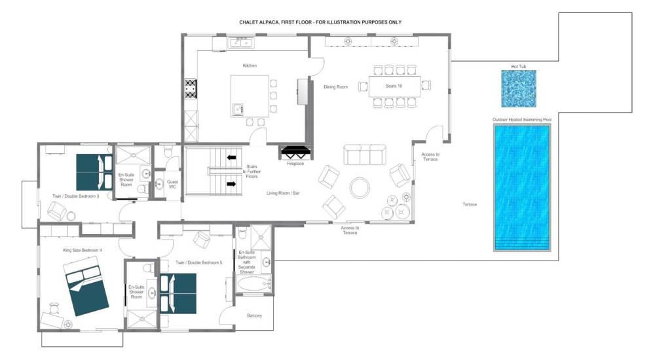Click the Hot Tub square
pyautogui.click(x=518, y=88)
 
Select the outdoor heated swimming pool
pyautogui.click(x=522, y=187)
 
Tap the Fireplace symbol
pyautogui.click(x=296, y=153)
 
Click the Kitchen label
pyautogui.click(x=250, y=65)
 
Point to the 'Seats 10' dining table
pyautogui.click(x=394, y=86)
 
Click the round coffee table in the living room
pyautogui.click(x=360, y=188)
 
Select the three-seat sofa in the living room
pyautogui.click(x=365, y=154)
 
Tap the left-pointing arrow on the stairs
pyautogui.click(x=231, y=158)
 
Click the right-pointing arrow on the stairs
pyautogui.click(x=231, y=184)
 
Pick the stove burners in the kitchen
pyautogui.click(x=191, y=90)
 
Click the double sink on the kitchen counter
pyautogui.click(x=240, y=43)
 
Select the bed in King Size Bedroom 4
pyautogui.click(x=86, y=286)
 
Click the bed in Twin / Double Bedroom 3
pyautogui.click(x=94, y=173)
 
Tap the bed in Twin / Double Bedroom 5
pyautogui.click(x=178, y=294)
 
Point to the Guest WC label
pyautogui.click(x=172, y=184)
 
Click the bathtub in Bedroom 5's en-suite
pyautogui.click(x=254, y=284)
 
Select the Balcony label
pyautogui.click(x=254, y=315)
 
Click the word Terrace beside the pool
pyautogui.click(x=470, y=204)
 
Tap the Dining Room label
pyautogui.click(x=336, y=87)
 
